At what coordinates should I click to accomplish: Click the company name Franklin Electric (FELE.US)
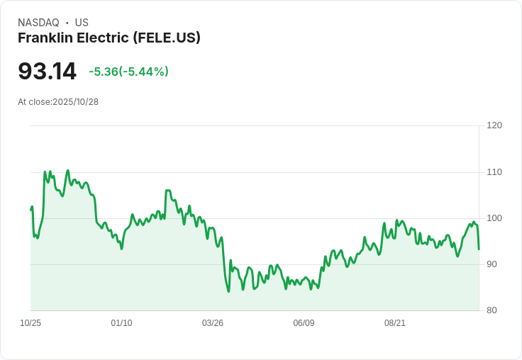[x=109, y=38]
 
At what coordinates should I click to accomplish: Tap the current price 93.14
[x=47, y=72]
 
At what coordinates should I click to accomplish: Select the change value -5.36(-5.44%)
[x=128, y=72]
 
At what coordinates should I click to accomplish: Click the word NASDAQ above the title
[x=38, y=23]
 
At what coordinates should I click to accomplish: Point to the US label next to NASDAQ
[x=82, y=23]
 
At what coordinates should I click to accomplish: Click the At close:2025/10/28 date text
[x=58, y=102]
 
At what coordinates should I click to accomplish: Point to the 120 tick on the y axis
[x=494, y=125]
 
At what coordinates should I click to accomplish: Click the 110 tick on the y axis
[x=494, y=172]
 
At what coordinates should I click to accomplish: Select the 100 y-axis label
[x=494, y=218]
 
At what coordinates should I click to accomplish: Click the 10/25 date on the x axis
[x=30, y=323]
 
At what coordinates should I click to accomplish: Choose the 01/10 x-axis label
[x=121, y=323]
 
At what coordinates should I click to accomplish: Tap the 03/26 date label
[x=213, y=323]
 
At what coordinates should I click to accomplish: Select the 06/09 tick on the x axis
[x=304, y=323]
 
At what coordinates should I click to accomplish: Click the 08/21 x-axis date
[x=395, y=323]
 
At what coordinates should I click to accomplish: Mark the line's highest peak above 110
[x=68, y=170]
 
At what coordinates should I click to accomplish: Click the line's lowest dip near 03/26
[x=228, y=291]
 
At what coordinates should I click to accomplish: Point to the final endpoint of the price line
[x=479, y=249]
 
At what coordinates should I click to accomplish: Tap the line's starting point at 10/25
[x=31, y=210]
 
